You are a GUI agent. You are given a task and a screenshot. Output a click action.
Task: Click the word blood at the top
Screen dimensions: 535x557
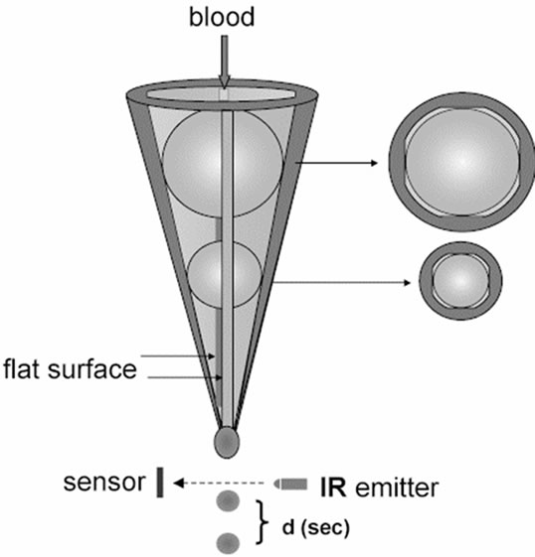pos(222,17)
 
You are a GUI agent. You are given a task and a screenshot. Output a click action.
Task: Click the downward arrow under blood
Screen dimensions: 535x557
pos(224,62)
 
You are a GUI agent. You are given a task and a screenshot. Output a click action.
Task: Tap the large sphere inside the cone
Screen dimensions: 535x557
pos(223,163)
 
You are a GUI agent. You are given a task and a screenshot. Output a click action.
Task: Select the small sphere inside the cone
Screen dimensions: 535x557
pos(225,274)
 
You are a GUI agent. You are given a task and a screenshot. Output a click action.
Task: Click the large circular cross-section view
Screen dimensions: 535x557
pos(461,162)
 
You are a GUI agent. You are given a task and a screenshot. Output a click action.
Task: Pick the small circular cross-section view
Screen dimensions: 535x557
pos(460,281)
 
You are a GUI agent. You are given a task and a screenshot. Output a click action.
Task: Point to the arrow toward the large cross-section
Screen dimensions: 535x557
pos(336,163)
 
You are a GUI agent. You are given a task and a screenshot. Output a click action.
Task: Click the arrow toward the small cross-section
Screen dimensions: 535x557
pos(342,283)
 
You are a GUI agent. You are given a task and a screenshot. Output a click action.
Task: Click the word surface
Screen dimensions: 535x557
pos(91,369)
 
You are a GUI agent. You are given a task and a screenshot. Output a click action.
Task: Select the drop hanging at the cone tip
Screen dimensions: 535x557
pos(227,442)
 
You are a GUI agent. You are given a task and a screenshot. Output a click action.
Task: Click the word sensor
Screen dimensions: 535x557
pos(104,483)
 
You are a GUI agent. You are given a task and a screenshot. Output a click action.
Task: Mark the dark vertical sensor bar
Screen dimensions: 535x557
pos(160,483)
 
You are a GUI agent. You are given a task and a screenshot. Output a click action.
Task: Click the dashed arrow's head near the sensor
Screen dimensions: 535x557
pos(178,484)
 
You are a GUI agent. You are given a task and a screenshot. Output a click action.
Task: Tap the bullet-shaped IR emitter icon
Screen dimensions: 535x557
pos(290,484)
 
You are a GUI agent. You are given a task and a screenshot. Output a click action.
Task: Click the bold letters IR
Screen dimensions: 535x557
pos(333,487)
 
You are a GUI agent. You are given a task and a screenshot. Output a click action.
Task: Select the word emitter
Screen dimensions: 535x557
pos(397,487)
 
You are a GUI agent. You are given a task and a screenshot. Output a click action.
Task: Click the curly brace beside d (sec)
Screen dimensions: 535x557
pos(263,522)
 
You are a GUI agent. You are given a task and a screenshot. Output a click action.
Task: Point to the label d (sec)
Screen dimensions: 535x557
pos(316,527)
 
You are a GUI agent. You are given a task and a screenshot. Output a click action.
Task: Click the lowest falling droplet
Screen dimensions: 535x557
pos(228,543)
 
